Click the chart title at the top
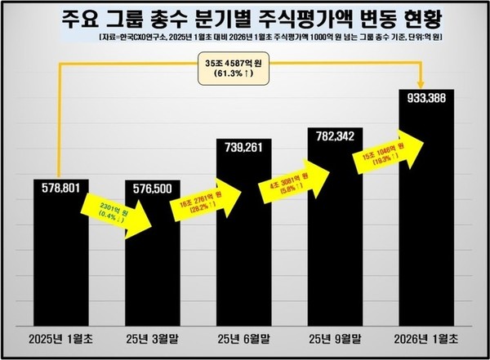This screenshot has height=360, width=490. pyautogui.click(x=245, y=18)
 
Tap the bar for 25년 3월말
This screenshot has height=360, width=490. pyautogui.click(x=153, y=261)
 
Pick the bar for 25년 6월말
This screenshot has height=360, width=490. pyautogui.click(x=243, y=245)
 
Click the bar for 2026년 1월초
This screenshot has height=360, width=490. pyautogui.click(x=426, y=220)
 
